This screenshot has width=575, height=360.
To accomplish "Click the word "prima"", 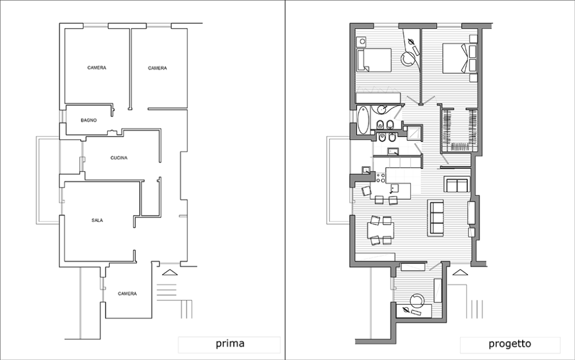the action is pos(230,344).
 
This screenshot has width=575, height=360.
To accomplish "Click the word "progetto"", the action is pos(510,344).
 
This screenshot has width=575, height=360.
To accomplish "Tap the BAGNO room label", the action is pos(89,120).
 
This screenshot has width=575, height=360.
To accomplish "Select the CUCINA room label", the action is pos(119,158).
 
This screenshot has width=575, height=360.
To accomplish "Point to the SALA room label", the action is pos(97,220).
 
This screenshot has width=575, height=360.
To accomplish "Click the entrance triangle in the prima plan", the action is pos(170,272).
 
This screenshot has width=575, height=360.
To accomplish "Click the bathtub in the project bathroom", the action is pos(363,120).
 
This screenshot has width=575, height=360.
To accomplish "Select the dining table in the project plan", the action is pos(381,231).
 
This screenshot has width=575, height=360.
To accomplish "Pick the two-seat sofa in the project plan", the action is pos(457,184).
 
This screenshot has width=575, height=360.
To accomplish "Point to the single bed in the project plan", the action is pos(375,60).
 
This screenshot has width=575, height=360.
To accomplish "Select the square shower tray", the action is pos(415,133).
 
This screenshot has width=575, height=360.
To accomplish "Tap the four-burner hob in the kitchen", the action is pos(381,178).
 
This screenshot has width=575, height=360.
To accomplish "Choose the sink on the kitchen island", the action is pos(394,189).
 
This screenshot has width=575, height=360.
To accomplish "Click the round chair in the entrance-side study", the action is pos(417,300).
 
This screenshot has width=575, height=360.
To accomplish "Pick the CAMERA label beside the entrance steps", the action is pos(127,294).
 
